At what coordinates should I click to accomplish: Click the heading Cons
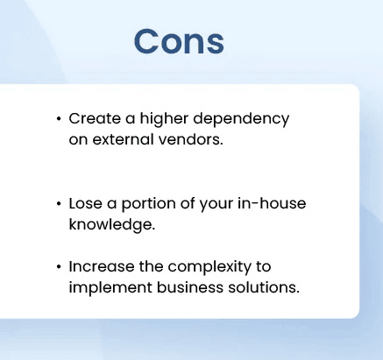click(x=179, y=41)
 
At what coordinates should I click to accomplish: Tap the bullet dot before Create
click(x=58, y=118)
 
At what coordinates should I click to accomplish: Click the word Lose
click(x=86, y=203)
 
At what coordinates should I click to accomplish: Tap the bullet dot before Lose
click(x=58, y=203)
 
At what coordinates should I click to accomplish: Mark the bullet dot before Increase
click(x=58, y=266)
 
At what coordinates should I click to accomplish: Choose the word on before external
click(x=78, y=139)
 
